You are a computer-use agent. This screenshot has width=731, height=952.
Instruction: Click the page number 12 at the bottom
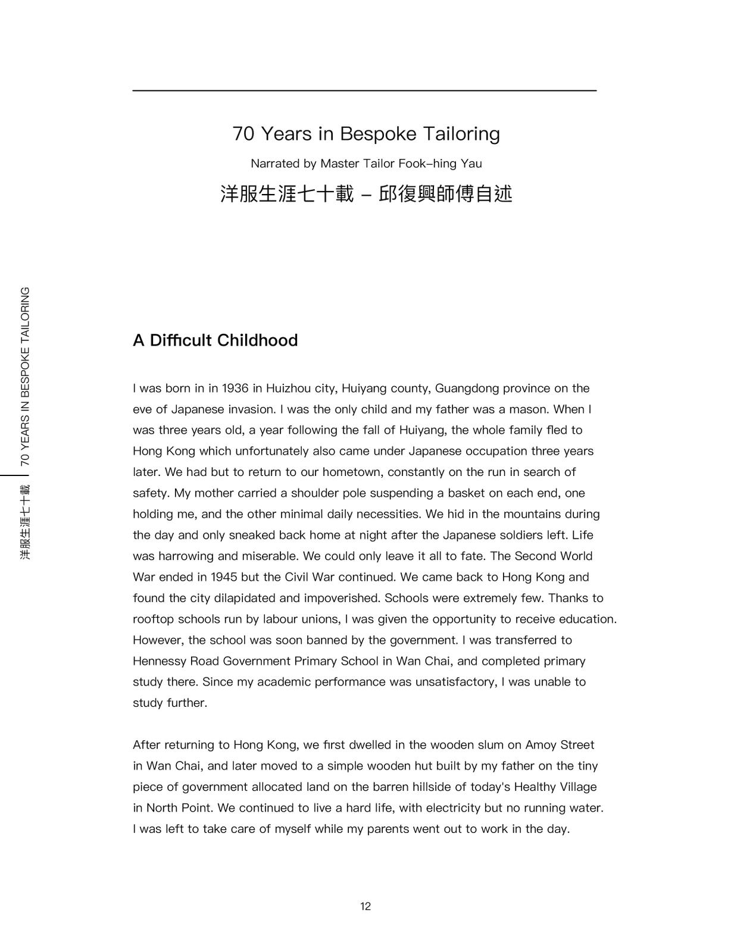tap(365, 906)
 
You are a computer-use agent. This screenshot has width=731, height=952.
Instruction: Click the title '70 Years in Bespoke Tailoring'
tap(365, 134)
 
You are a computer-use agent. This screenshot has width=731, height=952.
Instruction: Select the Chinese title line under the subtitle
tap(365, 194)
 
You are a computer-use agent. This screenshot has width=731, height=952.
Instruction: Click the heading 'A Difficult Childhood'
tap(215, 340)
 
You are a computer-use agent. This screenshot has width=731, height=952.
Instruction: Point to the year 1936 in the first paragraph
tap(235, 389)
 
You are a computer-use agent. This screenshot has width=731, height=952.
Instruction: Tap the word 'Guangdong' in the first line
tap(467, 389)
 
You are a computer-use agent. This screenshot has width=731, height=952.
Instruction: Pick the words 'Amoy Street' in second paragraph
tap(560, 745)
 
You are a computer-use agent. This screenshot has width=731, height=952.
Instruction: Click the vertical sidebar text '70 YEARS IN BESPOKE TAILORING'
tap(24, 376)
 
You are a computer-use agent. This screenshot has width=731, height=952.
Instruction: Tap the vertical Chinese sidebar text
tap(24, 522)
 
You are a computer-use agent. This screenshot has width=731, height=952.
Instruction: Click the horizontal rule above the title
tap(364, 90)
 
